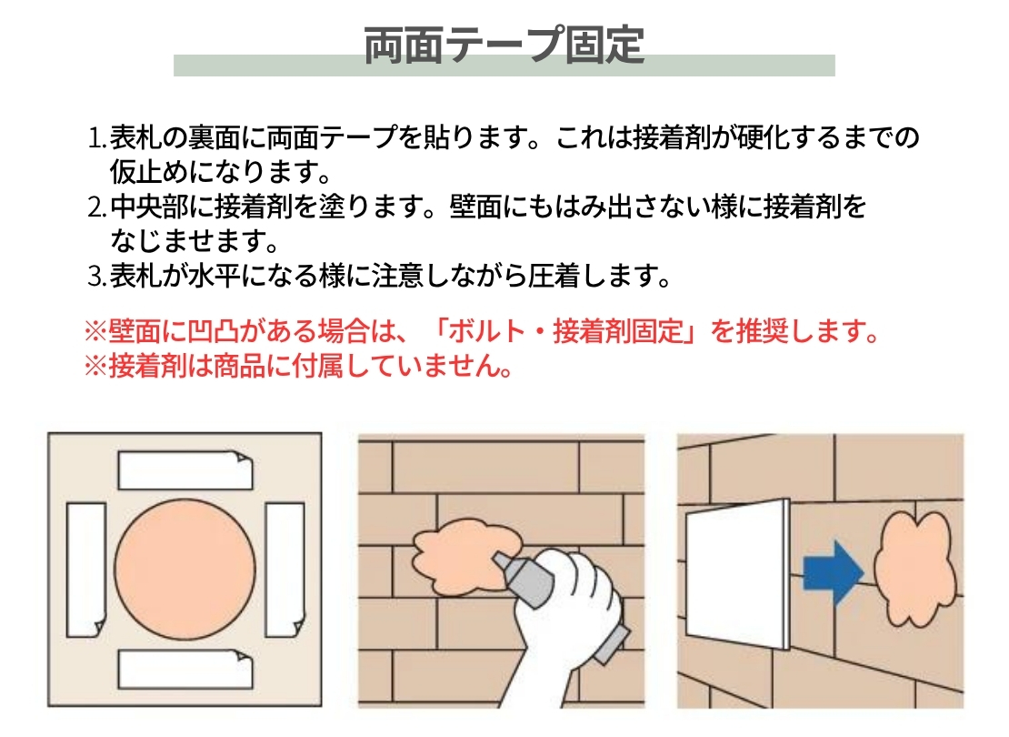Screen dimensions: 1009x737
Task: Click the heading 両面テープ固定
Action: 504,45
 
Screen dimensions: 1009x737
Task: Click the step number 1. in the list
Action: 98,138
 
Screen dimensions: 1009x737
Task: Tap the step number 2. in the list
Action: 98,207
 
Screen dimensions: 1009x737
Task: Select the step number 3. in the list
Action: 98,277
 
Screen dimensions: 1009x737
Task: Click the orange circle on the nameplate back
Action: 185,569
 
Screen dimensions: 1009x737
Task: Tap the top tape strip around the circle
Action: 185,470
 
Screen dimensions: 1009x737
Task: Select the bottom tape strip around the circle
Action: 185,669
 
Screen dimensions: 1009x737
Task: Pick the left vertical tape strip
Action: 86,570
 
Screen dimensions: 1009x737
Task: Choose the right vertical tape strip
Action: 285,570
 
